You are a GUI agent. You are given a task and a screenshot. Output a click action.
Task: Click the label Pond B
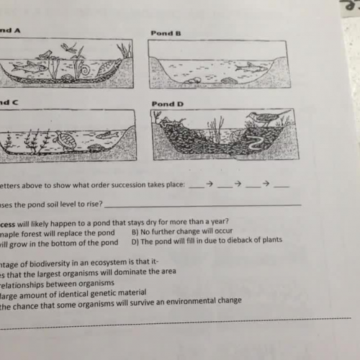tap(165, 33)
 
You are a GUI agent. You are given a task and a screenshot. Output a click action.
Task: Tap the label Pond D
tap(166, 104)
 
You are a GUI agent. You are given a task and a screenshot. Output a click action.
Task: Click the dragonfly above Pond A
tap(70, 47)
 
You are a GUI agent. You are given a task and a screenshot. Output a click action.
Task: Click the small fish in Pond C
tap(107, 134)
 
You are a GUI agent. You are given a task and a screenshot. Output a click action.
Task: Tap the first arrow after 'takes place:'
tap(209, 184)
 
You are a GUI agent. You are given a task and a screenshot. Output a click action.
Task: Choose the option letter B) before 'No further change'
tap(136, 232)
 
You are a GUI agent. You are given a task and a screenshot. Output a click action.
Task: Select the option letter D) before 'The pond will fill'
tap(136, 240)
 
